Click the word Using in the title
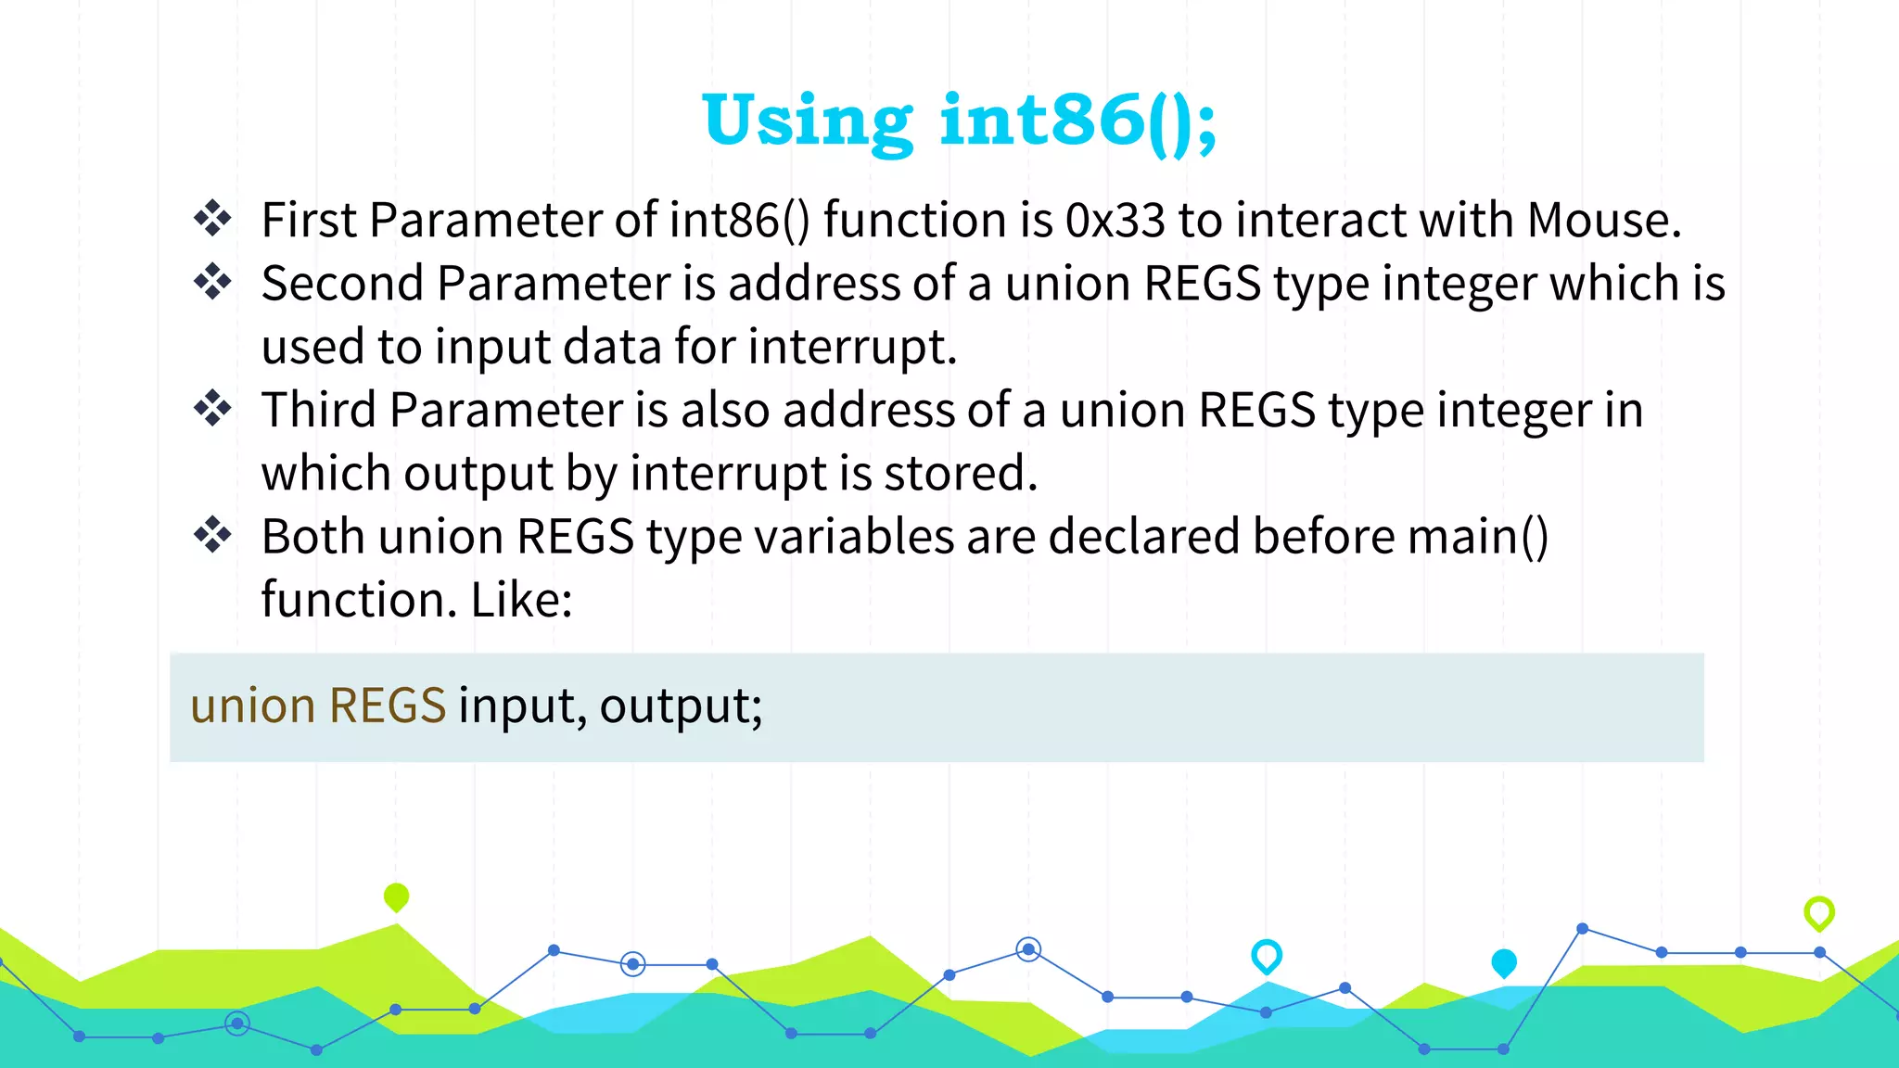click(x=808, y=121)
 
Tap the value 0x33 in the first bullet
click(x=1115, y=221)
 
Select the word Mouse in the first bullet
click(x=1601, y=221)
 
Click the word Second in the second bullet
click(x=342, y=284)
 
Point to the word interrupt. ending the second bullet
click(x=852, y=347)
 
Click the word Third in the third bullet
click(x=318, y=410)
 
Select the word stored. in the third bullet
click(x=960, y=473)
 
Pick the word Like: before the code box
click(x=521, y=600)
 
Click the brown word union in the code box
click(x=253, y=706)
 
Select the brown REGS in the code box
click(x=388, y=706)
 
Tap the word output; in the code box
click(x=681, y=707)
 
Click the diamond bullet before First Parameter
click(x=213, y=218)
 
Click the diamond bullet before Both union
click(x=213, y=535)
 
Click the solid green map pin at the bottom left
click(x=396, y=896)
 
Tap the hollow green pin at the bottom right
click(x=1819, y=912)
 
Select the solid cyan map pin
click(x=1504, y=962)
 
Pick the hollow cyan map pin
click(x=1267, y=955)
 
